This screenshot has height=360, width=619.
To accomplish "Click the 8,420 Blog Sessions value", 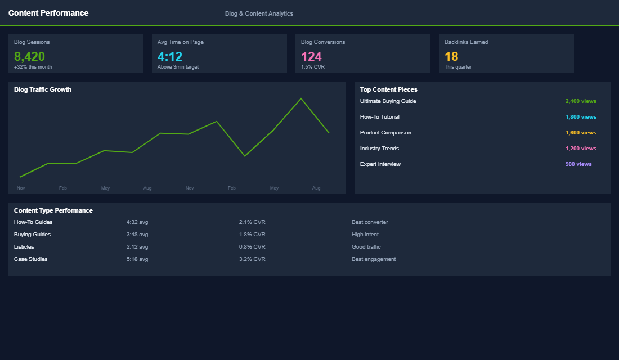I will tap(29, 56).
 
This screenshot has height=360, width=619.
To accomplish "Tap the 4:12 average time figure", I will tap(170, 56).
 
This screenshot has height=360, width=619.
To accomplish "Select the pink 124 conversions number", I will tap(311, 56).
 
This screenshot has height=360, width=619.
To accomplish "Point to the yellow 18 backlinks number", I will tap(451, 56).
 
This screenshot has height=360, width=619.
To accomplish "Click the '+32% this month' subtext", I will tap(33, 67).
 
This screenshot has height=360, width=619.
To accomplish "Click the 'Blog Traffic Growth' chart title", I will tap(43, 89).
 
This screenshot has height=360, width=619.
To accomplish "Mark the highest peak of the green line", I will tap(301, 98).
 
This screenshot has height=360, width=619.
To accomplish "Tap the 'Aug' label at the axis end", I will tap(316, 188).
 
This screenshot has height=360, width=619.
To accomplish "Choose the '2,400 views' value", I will tap(580, 101).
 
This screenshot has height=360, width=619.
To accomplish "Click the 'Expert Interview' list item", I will tap(380, 164).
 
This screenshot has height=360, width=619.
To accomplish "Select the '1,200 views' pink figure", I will tap(580, 148).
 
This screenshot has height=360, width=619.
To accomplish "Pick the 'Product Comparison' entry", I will tap(385, 133).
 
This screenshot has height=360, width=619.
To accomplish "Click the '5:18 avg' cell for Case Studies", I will tap(137, 259).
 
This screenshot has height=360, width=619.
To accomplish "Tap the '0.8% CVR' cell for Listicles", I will tap(252, 247).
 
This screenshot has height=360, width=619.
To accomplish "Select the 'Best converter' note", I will tap(370, 222).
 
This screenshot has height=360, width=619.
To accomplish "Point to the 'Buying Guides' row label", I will tap(32, 235).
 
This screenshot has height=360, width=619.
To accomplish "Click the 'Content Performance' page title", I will tap(48, 13).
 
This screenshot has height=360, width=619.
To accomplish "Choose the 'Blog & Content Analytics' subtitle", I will tap(259, 13).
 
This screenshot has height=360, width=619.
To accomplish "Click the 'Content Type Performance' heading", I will tap(53, 210).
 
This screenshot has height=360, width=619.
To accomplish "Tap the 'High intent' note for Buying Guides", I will tap(365, 235).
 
